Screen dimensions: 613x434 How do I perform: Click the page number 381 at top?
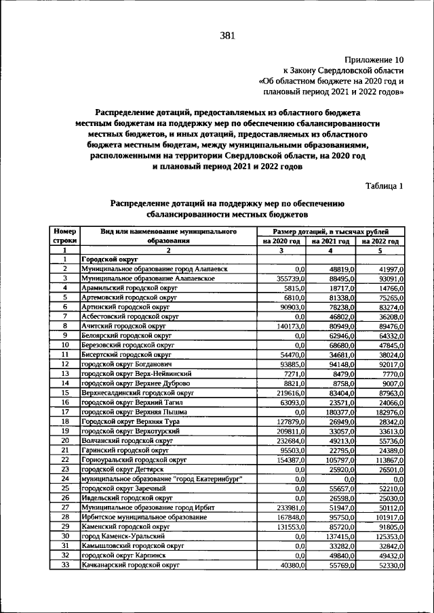click(227, 37)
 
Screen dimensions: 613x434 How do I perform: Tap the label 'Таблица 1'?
click(384, 186)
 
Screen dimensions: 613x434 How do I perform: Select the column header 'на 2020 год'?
click(281, 240)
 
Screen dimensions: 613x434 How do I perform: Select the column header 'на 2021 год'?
click(331, 240)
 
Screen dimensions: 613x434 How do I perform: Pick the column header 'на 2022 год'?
click(380, 240)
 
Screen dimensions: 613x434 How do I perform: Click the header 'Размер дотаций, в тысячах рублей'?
click(331, 231)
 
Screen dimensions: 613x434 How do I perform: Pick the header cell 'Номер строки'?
click(66, 236)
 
